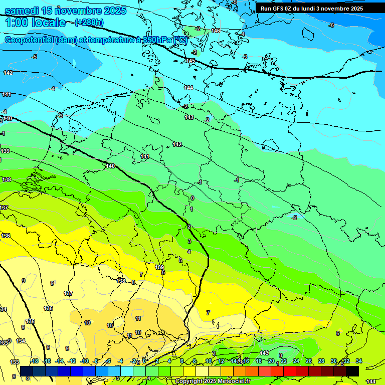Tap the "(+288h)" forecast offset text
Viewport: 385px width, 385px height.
[x=89, y=22]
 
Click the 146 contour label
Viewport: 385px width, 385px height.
[x=216, y=31]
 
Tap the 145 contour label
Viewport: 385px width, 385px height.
[x=190, y=61]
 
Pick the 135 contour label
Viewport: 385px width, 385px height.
[x=30, y=321]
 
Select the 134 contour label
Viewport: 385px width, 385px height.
[x=21, y=341]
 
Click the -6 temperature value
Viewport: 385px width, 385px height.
[x=331, y=25]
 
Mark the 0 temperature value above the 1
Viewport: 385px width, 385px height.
[x=192, y=198]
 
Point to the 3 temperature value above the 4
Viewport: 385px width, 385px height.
[x=189, y=241]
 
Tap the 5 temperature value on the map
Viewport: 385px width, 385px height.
[x=180, y=260]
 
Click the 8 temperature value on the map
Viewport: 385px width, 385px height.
[x=133, y=282]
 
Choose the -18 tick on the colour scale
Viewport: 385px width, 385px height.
[x=34, y=361]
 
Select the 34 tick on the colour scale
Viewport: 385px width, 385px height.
[x=359, y=361]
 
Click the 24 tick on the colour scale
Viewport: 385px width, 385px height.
[x=296, y=361]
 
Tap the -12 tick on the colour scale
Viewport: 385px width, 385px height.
[x=72, y=361]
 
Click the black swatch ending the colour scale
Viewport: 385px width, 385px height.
[x=352, y=371]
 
